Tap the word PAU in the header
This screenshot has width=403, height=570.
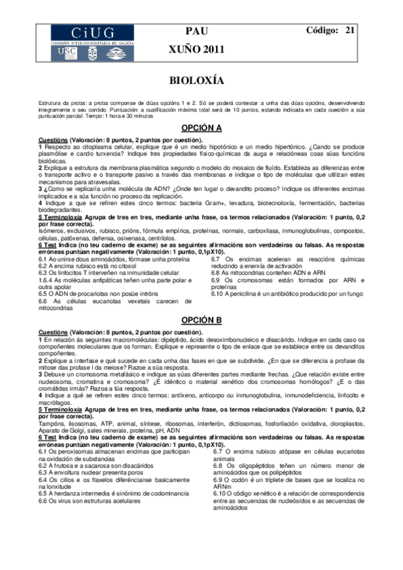click(x=200, y=31)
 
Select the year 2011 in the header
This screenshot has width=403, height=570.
click(x=215, y=49)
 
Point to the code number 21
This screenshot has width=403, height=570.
click(x=350, y=30)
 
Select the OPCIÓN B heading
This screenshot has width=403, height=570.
click(x=201, y=320)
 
